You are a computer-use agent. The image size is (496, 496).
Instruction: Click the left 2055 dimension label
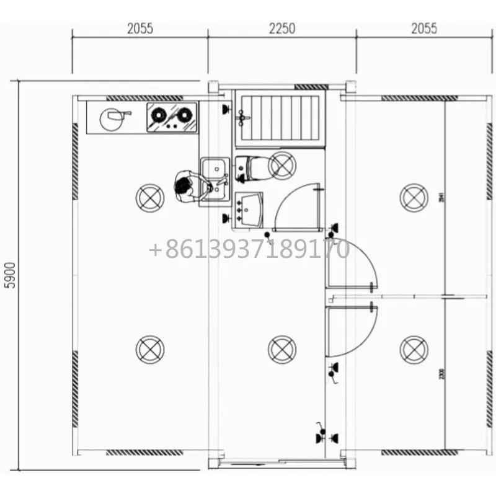tap(140, 29)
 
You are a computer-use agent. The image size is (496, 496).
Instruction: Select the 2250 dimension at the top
tap(282, 29)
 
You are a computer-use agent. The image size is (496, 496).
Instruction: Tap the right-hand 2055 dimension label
tap(423, 29)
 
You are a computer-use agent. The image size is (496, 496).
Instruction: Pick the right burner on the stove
tap(184, 114)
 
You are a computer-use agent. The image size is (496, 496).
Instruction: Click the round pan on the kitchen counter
tap(112, 119)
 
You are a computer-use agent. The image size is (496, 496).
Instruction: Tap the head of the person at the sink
tap(183, 185)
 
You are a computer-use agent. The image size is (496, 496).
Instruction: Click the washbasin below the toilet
tap(250, 208)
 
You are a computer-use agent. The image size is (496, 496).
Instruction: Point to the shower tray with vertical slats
tap(281, 118)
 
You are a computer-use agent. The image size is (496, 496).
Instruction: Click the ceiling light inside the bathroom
tap(283, 166)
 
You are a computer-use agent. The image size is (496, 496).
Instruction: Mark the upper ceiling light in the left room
tap(150, 198)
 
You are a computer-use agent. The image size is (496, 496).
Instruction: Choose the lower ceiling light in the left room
tap(150, 349)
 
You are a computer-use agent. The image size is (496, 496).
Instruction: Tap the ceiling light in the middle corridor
tap(282, 349)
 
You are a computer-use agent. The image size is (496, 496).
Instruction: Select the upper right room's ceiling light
tap(414, 198)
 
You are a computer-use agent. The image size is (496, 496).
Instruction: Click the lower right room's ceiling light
tap(414, 349)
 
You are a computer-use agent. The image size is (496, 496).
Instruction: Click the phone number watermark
tap(249, 250)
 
